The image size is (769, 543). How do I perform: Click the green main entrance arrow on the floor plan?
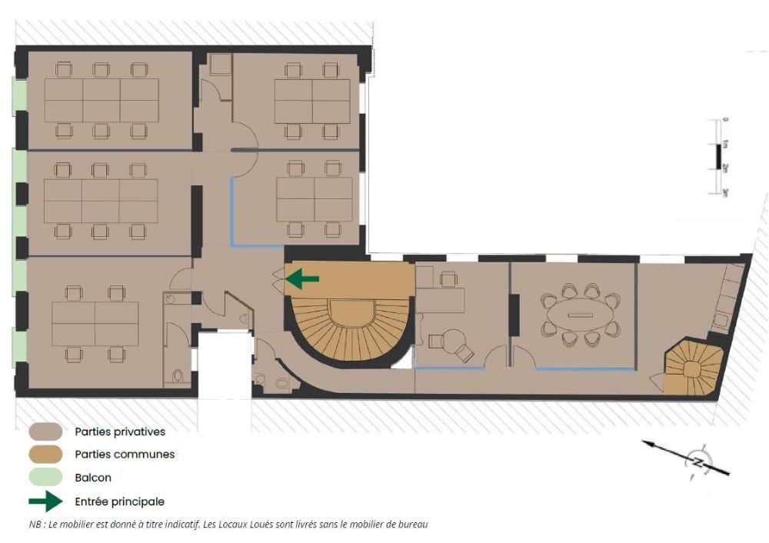pos(302,279)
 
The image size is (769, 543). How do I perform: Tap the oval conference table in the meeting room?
pos(581,315)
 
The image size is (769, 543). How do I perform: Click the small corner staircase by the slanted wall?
pos(693,369)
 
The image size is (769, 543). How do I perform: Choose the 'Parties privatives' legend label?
pos(120,431)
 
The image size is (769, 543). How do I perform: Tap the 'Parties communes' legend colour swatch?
pos(45,455)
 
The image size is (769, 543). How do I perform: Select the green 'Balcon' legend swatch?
pos(45,478)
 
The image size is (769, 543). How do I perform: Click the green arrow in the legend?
pos(45,501)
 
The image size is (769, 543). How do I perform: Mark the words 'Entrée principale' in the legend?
pos(120,501)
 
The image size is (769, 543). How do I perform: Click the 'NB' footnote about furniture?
pos(228,525)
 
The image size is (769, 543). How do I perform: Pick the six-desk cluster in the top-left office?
pos(102,101)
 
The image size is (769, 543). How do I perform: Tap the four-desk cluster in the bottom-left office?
pos(95,324)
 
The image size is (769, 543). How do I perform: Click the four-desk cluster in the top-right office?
pos(312,102)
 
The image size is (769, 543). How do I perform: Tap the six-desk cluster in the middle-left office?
pos(101,201)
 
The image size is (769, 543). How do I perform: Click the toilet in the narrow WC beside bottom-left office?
pos(178,376)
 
